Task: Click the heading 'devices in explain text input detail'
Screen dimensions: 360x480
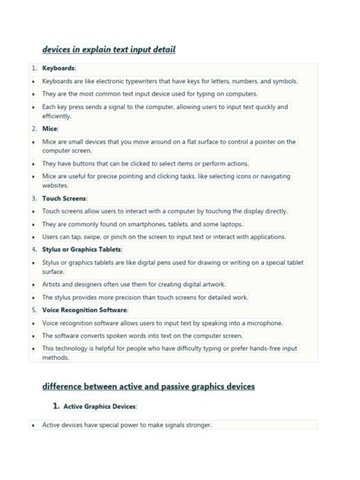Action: tap(109, 50)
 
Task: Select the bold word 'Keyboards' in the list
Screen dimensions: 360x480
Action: tap(58, 68)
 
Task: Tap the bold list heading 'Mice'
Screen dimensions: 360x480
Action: tap(49, 129)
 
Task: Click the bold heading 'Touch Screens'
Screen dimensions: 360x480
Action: tap(64, 198)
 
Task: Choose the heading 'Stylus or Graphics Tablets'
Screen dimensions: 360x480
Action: tap(81, 249)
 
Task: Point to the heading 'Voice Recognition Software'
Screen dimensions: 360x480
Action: tap(84, 310)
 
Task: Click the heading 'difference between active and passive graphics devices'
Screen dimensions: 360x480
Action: tap(149, 387)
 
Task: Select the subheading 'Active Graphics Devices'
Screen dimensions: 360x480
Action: tap(99, 406)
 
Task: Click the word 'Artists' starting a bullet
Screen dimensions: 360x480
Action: tap(52, 284)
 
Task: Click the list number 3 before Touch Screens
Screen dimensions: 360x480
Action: tap(34, 198)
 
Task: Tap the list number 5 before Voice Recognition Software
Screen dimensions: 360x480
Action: tap(34, 310)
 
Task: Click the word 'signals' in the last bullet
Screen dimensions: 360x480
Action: tap(167, 425)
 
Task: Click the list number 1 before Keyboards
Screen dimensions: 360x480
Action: tap(34, 68)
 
